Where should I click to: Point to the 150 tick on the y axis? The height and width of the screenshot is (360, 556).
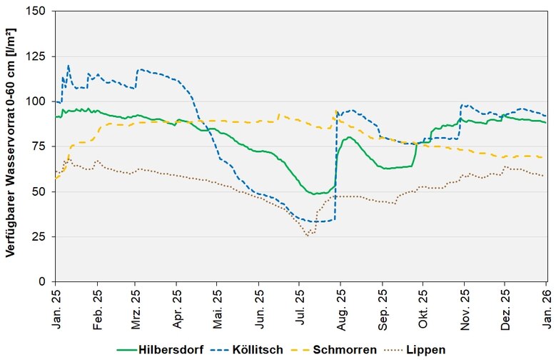[39, 11]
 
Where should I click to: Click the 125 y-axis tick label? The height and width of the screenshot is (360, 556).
[39, 56]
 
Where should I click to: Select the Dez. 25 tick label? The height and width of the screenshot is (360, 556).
[505, 307]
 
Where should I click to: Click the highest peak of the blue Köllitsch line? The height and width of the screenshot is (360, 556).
[69, 66]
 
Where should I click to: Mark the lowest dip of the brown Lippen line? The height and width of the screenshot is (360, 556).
[308, 235]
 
